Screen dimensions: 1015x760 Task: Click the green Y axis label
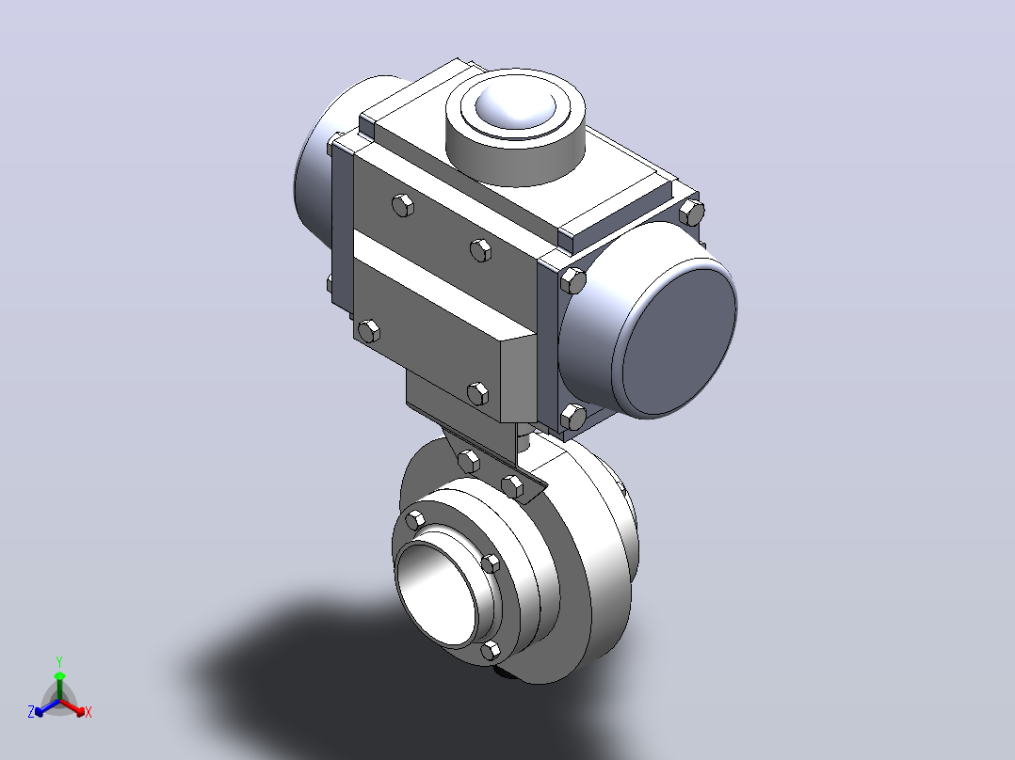click(59, 661)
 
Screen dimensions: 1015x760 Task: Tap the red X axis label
click(89, 712)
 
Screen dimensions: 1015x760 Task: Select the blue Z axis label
click(31, 712)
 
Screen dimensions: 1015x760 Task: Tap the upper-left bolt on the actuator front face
click(403, 205)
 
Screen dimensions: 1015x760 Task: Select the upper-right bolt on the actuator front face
click(480, 249)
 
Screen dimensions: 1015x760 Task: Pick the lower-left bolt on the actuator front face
click(368, 331)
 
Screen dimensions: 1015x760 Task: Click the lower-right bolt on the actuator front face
click(477, 393)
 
